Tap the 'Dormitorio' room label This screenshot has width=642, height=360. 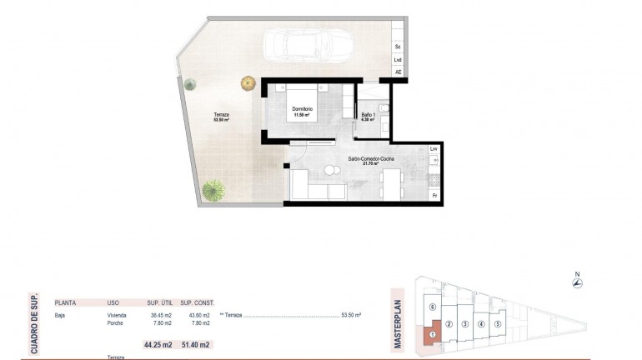pyautogui.click(x=302, y=109)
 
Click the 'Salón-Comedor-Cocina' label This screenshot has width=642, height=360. pyautogui.click(x=371, y=157)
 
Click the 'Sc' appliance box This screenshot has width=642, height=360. pyautogui.click(x=398, y=47)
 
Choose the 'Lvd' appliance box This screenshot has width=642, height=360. pyautogui.click(x=398, y=59)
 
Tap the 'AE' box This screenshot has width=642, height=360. pyautogui.click(x=398, y=72)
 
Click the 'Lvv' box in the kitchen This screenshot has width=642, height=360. pyautogui.click(x=434, y=149)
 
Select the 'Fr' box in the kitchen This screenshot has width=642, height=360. pyautogui.click(x=434, y=195)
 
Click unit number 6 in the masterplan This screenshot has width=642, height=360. pyautogui.click(x=432, y=307)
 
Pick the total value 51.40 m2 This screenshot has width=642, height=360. pyautogui.click(x=197, y=344)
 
